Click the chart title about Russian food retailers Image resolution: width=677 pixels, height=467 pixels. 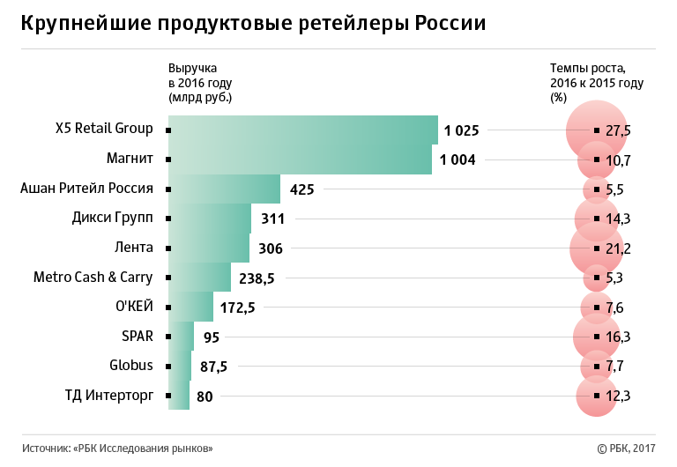point(254,24)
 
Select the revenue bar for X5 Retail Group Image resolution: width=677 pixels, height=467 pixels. point(302,130)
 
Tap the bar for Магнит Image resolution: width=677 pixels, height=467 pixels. point(300,159)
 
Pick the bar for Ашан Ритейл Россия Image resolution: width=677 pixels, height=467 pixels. point(224,189)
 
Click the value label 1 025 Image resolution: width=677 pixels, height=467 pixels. point(461,130)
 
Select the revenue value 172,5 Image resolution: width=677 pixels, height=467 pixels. point(238,308)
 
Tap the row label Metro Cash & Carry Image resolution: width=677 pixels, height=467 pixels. point(93,277)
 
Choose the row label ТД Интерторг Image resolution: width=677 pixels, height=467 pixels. point(108,395)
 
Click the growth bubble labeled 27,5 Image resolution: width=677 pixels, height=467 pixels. point(597,130)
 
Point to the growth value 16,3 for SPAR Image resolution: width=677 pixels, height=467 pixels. point(618,337)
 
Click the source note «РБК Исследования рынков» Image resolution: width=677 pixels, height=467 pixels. point(117,448)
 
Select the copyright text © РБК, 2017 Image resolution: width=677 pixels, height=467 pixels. point(627,448)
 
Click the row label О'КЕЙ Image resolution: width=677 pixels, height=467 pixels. point(135,306)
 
